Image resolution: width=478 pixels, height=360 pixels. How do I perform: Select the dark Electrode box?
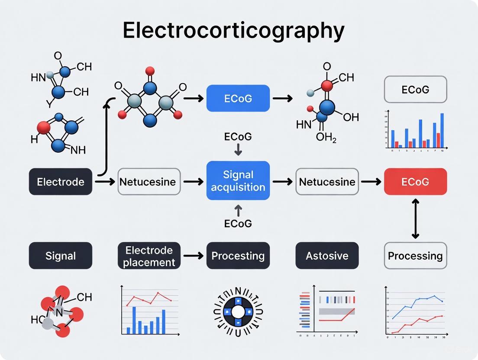click(x=61, y=181)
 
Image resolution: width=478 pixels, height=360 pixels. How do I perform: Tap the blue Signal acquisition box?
click(x=238, y=181)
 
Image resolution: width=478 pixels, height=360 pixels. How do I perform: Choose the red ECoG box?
click(x=415, y=181)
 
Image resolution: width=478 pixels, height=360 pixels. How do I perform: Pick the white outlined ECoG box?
click(x=415, y=90)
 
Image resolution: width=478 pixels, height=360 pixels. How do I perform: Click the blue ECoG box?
click(x=238, y=99)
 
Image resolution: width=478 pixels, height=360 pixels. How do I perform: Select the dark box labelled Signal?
click(x=61, y=256)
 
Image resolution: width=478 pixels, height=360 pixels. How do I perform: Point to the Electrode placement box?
click(x=149, y=256)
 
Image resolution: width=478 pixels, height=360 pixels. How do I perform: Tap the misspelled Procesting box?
click(x=238, y=256)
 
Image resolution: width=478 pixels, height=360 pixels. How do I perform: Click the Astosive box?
click(x=327, y=256)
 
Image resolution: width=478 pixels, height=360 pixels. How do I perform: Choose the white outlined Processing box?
click(x=415, y=256)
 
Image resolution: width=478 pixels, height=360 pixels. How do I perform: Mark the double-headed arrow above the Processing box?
click(x=415, y=219)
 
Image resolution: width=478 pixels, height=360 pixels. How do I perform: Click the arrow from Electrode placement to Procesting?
click(x=194, y=256)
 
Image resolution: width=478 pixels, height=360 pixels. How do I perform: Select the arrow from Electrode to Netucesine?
click(x=105, y=182)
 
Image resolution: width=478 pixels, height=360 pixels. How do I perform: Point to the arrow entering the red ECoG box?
click(x=371, y=182)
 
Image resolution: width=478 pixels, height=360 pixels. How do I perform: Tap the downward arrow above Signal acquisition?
click(x=238, y=150)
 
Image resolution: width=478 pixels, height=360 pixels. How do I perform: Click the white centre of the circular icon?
click(x=238, y=312)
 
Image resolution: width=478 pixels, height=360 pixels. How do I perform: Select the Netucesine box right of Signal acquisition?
click(x=327, y=181)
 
